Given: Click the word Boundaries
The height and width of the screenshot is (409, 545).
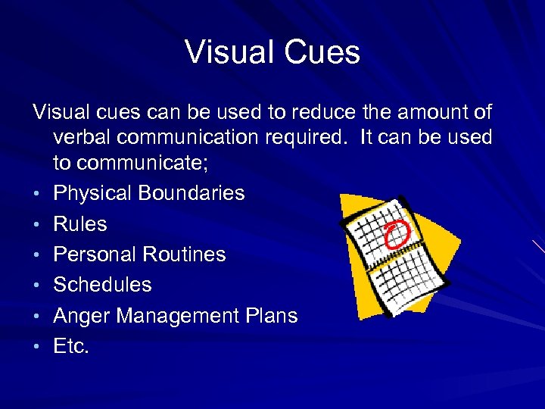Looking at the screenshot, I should click(x=192, y=193).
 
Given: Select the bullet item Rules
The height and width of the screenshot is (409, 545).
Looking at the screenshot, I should click(x=80, y=224).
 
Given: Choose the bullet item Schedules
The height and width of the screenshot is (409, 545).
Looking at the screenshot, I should click(x=102, y=285).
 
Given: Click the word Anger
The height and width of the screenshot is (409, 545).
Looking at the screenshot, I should click(x=83, y=316).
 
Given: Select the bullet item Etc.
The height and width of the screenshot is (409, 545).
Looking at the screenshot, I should click(x=71, y=346).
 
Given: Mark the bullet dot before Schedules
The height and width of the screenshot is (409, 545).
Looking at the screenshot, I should click(x=36, y=286).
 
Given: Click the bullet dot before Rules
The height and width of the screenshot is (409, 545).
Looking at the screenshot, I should click(x=36, y=225).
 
